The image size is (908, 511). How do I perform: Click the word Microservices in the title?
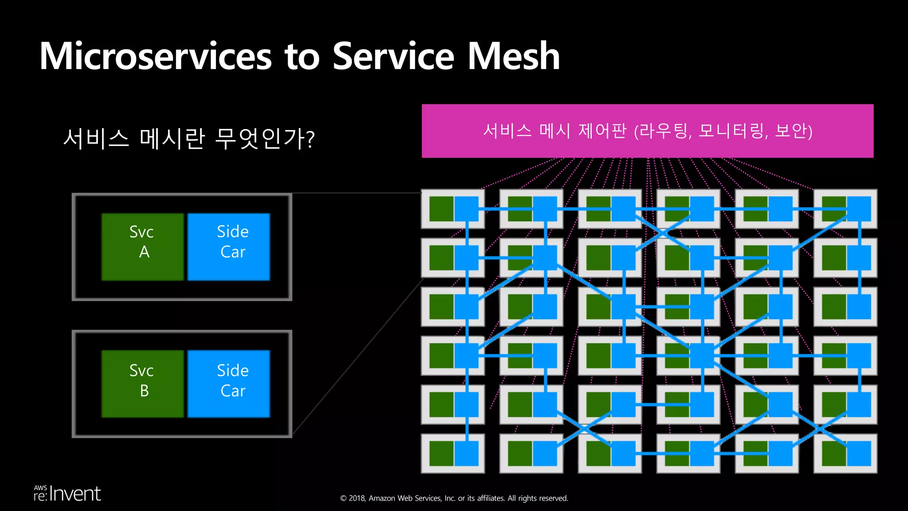[x=155, y=56]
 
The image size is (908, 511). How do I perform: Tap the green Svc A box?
[x=142, y=247]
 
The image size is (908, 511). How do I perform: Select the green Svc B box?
[x=142, y=384]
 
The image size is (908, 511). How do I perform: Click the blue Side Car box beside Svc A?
[x=229, y=247]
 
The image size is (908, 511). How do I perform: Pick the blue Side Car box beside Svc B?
[x=229, y=384]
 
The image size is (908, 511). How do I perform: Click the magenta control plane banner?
[x=647, y=131]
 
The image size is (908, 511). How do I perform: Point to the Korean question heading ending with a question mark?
[x=189, y=138]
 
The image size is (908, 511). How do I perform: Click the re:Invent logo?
[x=67, y=494]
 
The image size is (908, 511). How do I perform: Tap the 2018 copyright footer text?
[x=454, y=498]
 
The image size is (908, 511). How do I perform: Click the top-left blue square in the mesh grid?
[x=466, y=208]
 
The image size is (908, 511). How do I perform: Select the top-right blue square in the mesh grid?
[x=859, y=208]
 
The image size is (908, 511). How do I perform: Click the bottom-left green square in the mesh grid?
[x=442, y=453]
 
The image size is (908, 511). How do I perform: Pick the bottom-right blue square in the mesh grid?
[x=859, y=453]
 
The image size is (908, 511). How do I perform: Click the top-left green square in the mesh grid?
[x=442, y=208]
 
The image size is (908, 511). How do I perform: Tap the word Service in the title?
[x=393, y=56]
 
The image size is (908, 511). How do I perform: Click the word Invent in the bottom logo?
[x=75, y=494]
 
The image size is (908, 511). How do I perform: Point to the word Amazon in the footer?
[x=382, y=498]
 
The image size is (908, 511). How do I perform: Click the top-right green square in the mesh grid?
[x=834, y=208]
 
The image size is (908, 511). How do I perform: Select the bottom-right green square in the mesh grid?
[x=834, y=453]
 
